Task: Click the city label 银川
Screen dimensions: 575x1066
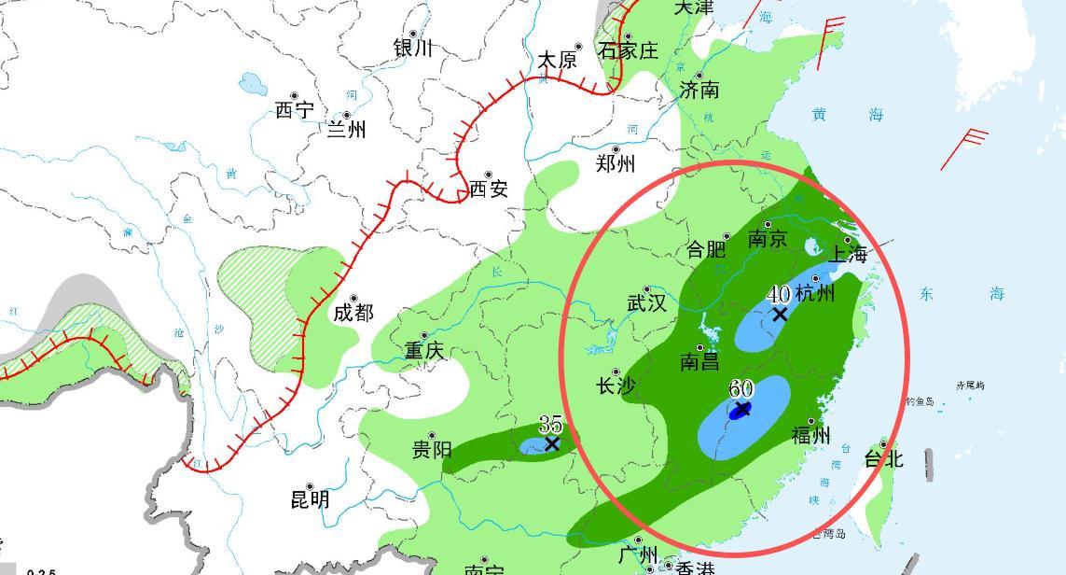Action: click(x=413, y=48)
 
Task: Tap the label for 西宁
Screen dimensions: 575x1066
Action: click(x=295, y=110)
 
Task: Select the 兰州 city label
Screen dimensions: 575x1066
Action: click(x=346, y=129)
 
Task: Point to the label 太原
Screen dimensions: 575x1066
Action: click(x=558, y=61)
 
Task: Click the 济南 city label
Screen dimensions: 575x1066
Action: click(x=699, y=90)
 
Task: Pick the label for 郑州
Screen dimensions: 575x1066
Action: click(x=616, y=164)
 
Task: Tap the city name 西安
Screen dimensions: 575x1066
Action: click(x=488, y=189)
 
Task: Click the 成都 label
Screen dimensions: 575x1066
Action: click(x=353, y=313)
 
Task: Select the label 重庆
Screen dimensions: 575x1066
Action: click(x=424, y=351)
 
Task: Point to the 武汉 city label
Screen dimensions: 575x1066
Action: click(x=646, y=303)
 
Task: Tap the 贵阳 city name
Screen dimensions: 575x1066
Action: click(x=432, y=450)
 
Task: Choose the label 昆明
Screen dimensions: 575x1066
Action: click(x=311, y=499)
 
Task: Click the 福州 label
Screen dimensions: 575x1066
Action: click(x=810, y=434)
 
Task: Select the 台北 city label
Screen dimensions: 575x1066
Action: click(x=883, y=458)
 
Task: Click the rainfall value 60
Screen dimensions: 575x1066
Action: click(x=741, y=387)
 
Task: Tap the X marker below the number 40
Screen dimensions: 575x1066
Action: click(x=780, y=315)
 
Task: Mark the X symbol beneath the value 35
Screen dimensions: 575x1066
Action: click(x=552, y=443)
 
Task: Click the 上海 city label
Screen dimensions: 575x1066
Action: click(x=849, y=254)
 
